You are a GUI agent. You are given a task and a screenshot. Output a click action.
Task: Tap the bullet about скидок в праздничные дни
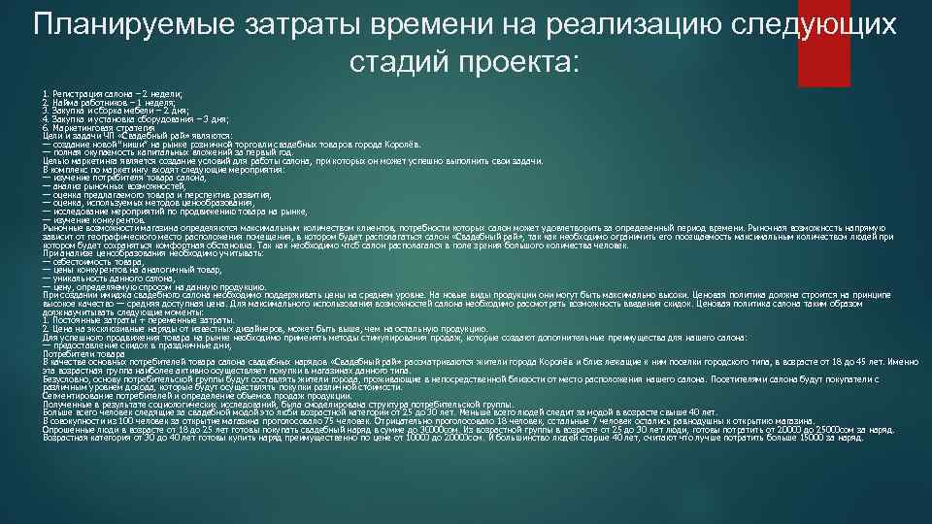coord(136,344)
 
